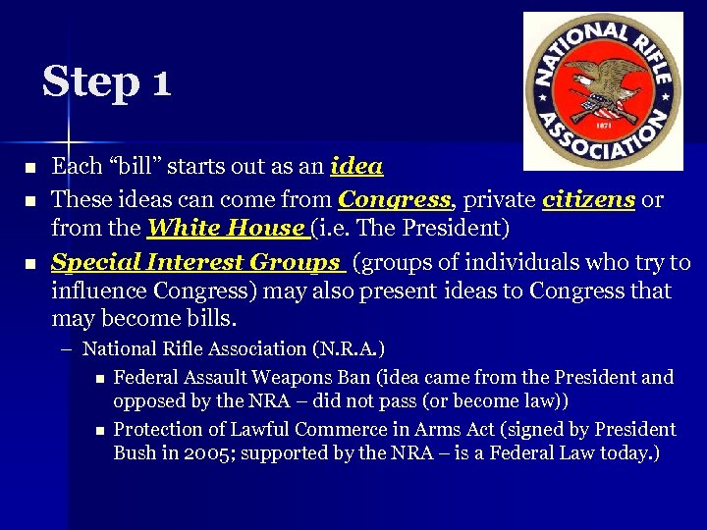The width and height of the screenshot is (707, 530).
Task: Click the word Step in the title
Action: point(90,81)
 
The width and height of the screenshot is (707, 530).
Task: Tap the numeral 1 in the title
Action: point(161,82)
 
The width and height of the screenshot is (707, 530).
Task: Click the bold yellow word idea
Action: point(357,167)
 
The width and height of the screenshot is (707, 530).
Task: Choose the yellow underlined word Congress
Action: point(394,200)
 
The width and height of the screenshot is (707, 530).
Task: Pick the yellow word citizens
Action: point(588,200)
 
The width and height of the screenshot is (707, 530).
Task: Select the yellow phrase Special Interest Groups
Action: point(196,262)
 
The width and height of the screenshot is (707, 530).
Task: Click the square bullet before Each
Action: point(28,168)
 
